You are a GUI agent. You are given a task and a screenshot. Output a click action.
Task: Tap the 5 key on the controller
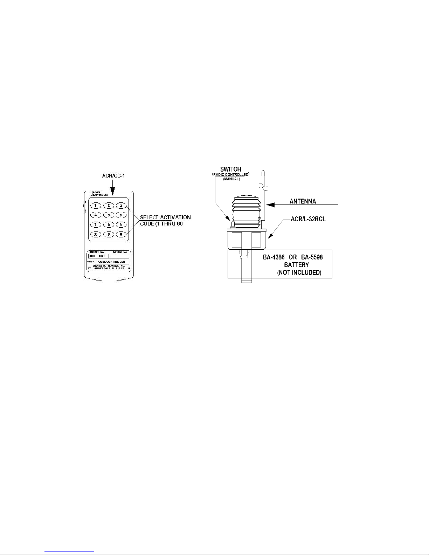[109, 215]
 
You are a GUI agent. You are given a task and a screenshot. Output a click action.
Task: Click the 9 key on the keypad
[121, 224]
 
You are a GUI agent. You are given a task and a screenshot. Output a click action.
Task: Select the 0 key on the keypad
[109, 234]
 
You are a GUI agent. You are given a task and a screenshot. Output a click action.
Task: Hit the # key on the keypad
[121, 234]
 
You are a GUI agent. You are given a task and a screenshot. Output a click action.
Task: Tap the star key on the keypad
[95, 234]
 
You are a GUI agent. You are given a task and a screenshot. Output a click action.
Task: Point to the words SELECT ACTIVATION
[165, 217]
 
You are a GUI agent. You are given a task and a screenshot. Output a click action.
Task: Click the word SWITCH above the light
[230, 169]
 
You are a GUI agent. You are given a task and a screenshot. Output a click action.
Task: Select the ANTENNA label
[303, 201]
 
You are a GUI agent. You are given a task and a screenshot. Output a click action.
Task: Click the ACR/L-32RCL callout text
[308, 219]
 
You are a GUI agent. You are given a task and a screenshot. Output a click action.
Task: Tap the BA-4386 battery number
[275, 257]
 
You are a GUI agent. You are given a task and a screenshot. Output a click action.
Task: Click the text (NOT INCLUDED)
[299, 272]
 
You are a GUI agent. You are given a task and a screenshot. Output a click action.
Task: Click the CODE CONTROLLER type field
[112, 262]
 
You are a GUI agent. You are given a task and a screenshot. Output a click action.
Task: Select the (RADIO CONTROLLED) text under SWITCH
[231, 174]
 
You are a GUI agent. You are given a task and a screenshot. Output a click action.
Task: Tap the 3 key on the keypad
[121, 206]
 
